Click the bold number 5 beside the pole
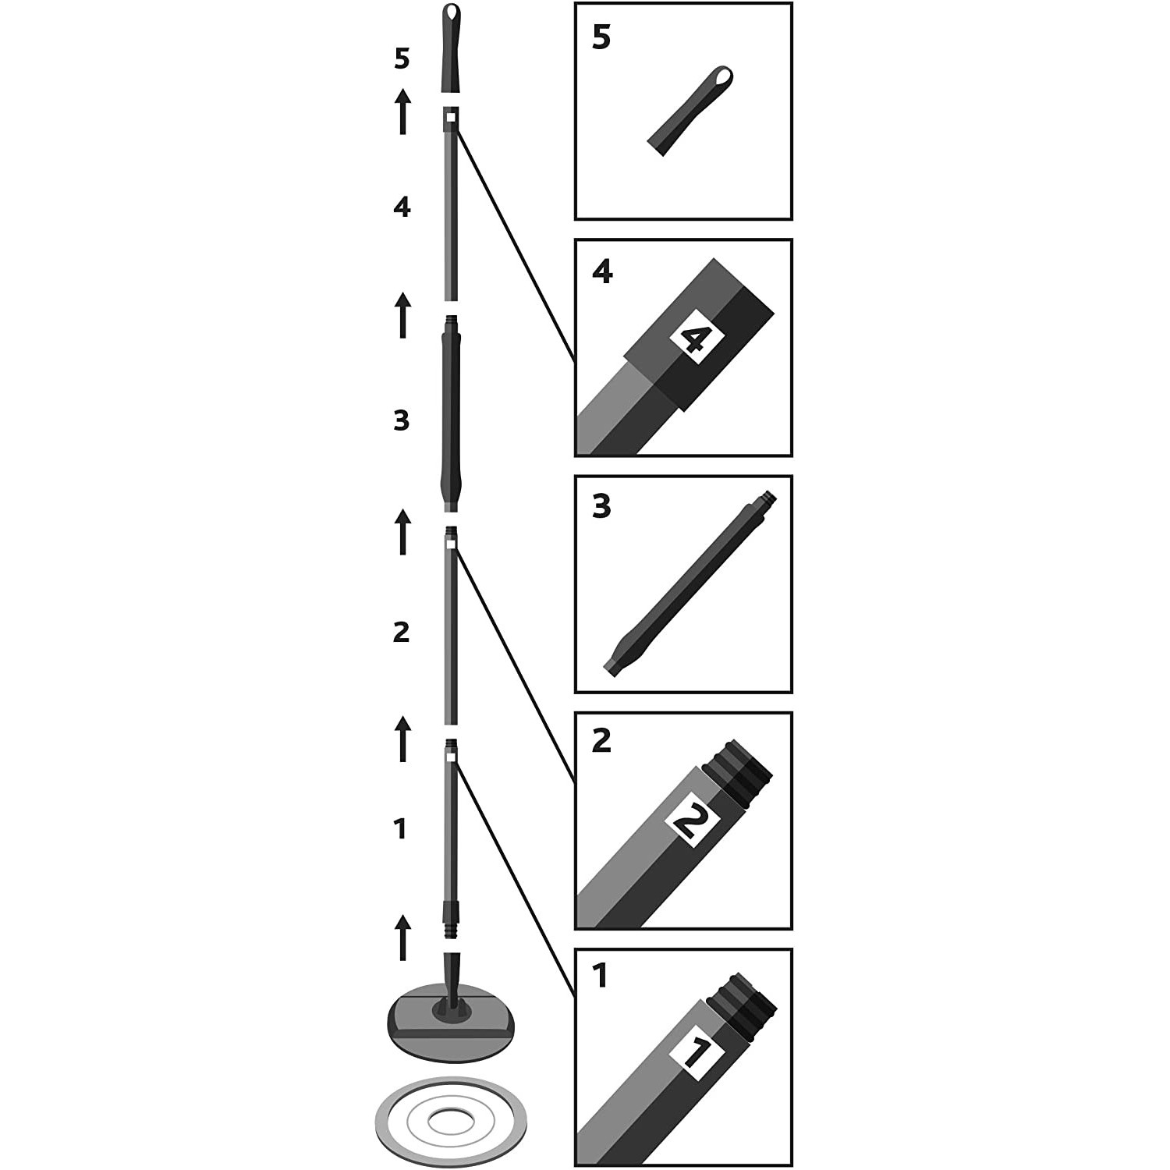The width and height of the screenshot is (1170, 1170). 402,58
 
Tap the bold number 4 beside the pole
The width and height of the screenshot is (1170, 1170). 402,207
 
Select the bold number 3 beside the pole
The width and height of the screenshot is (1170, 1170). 401,421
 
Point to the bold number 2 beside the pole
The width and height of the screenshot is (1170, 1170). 401,632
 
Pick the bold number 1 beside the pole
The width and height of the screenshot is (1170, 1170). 401,828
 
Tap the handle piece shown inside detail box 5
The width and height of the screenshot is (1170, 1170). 691,111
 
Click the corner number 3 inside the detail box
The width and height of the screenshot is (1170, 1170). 601,507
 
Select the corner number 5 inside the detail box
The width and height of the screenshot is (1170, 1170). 601,37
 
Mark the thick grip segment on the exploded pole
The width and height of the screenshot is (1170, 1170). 451,413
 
